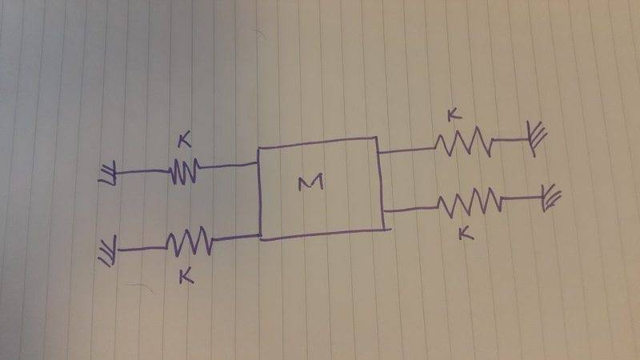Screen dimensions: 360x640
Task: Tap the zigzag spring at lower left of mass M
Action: tap(189, 240)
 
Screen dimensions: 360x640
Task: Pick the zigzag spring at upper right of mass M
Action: tap(464, 143)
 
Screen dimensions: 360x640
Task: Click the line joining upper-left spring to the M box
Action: tap(228, 166)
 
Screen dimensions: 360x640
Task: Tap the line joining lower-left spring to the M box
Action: tap(236, 237)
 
